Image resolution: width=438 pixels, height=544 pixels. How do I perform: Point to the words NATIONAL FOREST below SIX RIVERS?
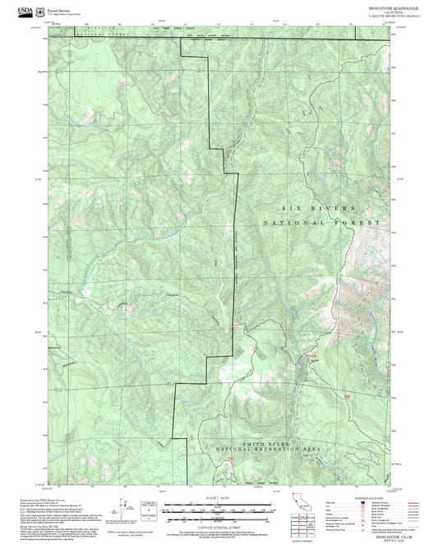pyautogui.click(x=322, y=223)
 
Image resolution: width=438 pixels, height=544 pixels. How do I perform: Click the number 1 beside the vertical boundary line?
pyautogui.click(x=215, y=262)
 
